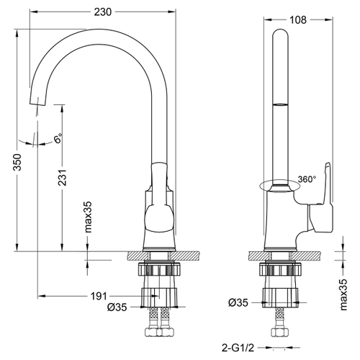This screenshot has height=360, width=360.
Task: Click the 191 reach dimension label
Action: [x=99, y=295]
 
